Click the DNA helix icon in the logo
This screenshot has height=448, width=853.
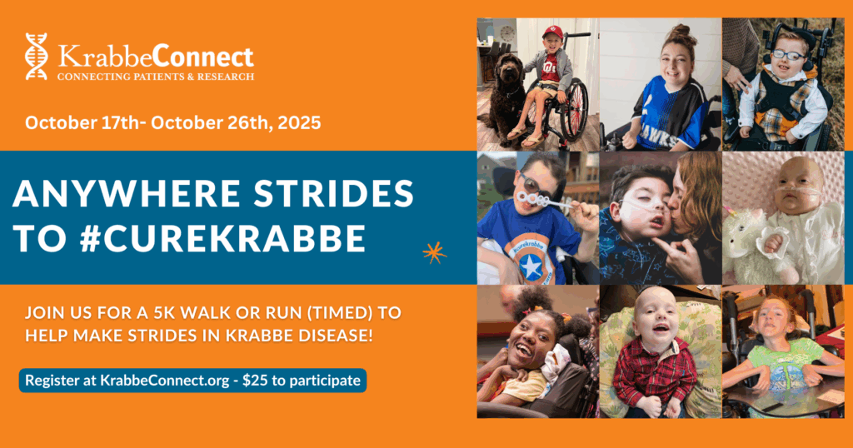(37, 57)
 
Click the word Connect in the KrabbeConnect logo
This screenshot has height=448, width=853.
(203, 57)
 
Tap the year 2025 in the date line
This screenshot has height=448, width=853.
(299, 122)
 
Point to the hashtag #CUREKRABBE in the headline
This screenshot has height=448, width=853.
(222, 239)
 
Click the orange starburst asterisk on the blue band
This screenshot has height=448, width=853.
(435, 253)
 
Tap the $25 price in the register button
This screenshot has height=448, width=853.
(255, 380)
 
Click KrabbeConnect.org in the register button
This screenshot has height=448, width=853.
(165, 381)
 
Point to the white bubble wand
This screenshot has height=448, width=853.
(543, 202)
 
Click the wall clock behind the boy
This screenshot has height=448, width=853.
(507, 33)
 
